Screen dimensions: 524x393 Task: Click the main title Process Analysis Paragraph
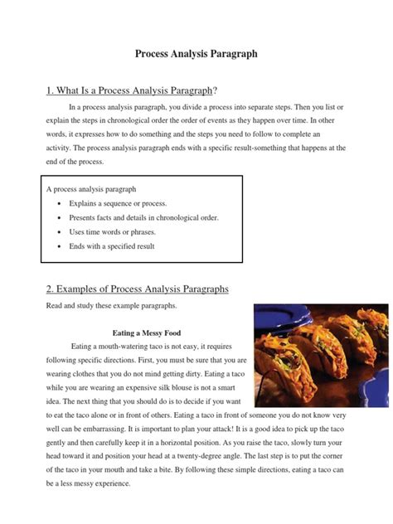(196, 54)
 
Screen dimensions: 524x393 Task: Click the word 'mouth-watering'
(135, 346)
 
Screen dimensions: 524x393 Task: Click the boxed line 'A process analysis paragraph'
(91, 189)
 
